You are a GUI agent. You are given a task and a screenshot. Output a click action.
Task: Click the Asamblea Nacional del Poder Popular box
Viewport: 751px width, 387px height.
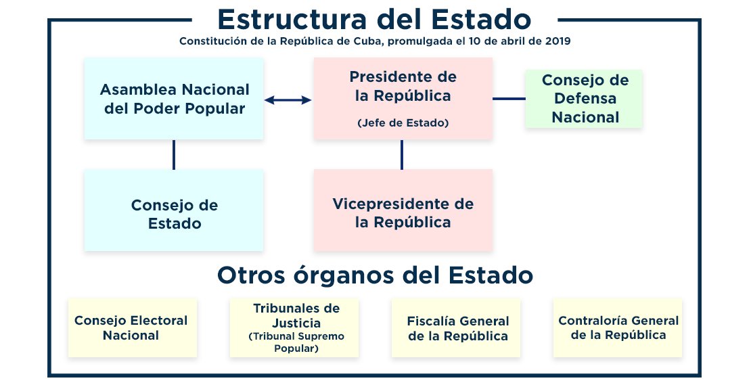[174, 99]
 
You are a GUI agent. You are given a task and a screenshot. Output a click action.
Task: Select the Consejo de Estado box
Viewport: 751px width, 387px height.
[174, 210]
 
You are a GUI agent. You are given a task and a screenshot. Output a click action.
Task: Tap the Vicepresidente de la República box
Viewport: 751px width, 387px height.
[403, 210]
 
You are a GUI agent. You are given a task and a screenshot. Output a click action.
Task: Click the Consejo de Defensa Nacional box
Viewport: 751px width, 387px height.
[584, 99]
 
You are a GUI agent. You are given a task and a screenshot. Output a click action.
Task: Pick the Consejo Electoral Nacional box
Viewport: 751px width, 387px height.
[133, 327]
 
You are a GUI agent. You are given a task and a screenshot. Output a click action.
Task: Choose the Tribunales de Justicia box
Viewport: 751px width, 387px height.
[294, 327]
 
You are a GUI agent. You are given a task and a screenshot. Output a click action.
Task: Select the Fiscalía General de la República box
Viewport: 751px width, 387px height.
[456, 327]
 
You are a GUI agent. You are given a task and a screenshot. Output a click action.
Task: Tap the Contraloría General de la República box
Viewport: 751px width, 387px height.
[617, 327]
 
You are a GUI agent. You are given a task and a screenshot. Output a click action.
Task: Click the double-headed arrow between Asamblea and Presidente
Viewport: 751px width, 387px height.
[288, 99]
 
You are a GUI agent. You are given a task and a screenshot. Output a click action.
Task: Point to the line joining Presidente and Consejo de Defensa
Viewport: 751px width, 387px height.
[509, 99]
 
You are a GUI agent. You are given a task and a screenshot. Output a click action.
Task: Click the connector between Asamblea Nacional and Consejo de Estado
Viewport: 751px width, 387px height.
[174, 155]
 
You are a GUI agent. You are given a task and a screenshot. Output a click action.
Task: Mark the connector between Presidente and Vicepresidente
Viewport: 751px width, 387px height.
[401, 155]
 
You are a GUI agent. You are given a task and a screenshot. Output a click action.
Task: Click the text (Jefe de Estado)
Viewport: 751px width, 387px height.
[403, 123]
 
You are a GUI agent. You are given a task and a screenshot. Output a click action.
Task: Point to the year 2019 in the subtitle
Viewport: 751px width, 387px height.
[557, 41]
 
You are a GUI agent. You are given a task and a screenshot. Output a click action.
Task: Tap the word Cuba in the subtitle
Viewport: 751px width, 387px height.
[368, 41]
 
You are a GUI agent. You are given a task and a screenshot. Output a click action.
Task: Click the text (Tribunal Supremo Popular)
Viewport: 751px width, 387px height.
[296, 342]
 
